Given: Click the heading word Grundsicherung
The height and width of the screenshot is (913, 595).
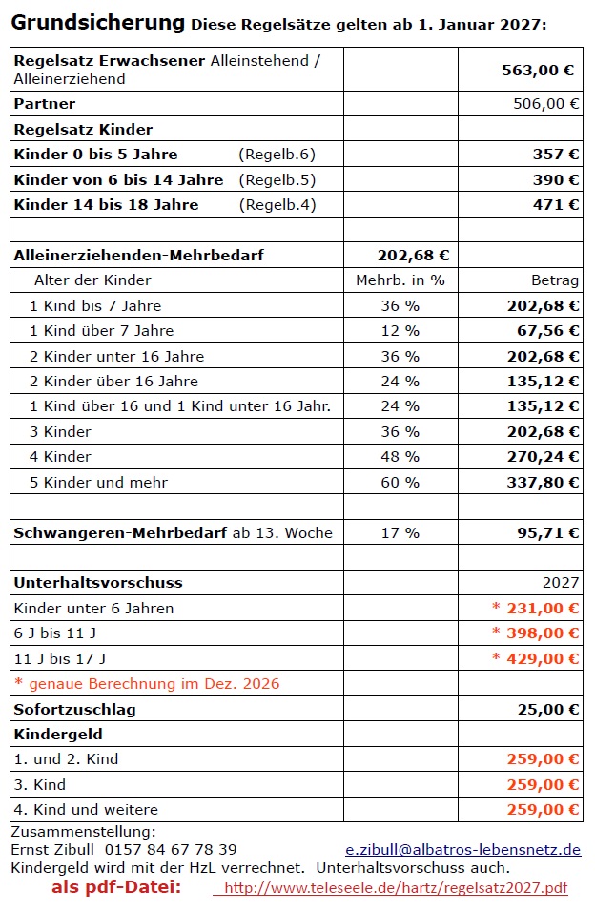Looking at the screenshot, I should (98, 22).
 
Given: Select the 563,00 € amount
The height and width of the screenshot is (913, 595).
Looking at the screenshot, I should (538, 70).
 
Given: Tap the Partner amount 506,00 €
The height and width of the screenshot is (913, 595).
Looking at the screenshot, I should (545, 104).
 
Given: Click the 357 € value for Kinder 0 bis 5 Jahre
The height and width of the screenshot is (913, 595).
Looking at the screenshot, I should (556, 154).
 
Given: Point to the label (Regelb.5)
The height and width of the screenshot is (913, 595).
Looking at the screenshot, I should (277, 179).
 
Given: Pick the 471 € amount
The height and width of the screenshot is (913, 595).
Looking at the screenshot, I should (556, 204).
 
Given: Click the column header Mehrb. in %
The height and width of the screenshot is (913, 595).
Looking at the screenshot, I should (400, 280).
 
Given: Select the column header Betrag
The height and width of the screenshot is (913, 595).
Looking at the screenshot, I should (555, 280).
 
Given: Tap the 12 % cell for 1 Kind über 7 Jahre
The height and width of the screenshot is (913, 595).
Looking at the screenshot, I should (400, 330).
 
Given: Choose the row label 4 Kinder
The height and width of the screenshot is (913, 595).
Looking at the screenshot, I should (61, 456).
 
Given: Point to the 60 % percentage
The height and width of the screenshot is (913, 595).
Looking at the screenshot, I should (400, 482).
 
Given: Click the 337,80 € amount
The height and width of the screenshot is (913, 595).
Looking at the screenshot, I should (543, 482).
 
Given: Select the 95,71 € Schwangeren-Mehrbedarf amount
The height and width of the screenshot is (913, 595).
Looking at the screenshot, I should (547, 532).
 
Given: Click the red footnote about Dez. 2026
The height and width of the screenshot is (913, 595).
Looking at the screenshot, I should (147, 683).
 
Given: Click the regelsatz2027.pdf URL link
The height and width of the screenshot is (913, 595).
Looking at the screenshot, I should (396, 888).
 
